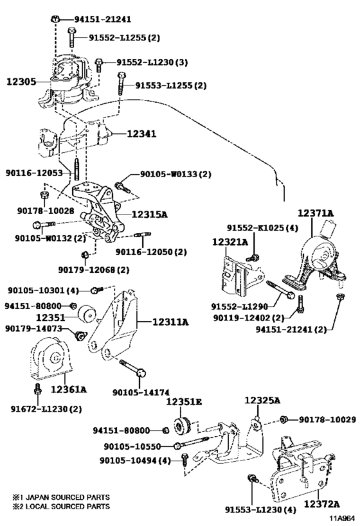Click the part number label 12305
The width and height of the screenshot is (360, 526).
(x=21, y=82)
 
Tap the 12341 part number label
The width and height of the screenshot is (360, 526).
(x=141, y=134)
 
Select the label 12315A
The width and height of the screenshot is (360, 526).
(x=149, y=214)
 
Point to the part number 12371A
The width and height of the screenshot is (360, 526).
(x=316, y=213)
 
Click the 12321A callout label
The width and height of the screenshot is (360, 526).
(x=230, y=241)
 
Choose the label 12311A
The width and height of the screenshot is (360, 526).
(x=170, y=322)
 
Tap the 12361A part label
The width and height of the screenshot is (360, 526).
(x=69, y=389)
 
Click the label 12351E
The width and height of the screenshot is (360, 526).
(x=184, y=401)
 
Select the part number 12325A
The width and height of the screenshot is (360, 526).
(x=262, y=400)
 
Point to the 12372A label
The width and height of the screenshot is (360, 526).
(x=321, y=504)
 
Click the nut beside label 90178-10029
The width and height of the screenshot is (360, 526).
(x=283, y=419)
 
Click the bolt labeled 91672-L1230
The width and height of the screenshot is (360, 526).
(x=38, y=389)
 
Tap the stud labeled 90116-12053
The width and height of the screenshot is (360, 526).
(x=76, y=171)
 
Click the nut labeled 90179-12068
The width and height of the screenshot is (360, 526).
(x=85, y=255)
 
